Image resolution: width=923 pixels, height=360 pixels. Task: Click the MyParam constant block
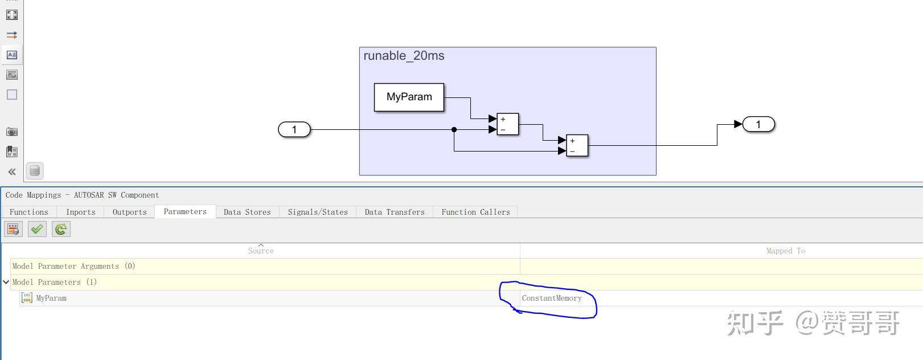point(409,97)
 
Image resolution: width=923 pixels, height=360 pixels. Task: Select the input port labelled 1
point(294,129)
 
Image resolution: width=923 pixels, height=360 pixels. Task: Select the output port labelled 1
point(758,124)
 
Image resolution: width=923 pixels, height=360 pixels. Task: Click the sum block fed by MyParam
point(508,124)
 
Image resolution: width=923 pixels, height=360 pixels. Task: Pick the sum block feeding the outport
point(577,146)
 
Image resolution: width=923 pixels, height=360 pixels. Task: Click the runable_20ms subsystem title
point(404,56)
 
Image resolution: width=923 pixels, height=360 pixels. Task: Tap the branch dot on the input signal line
point(454,129)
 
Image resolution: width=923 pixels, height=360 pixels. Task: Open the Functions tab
point(29,212)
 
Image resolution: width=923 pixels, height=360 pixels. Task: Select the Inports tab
point(81,212)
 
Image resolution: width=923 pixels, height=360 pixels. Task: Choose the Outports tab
point(129,212)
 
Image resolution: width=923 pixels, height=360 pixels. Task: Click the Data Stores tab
point(247,212)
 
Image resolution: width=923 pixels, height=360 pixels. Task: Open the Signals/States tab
point(318,212)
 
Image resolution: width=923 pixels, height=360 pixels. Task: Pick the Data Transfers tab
point(395,212)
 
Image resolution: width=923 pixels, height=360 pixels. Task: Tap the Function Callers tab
point(475,212)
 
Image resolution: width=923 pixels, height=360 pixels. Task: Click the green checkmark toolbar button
point(37,230)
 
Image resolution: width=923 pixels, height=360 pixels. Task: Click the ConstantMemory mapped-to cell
point(552,298)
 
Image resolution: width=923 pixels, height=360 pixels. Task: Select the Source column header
point(261,251)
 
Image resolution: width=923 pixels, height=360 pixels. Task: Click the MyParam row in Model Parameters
point(51,298)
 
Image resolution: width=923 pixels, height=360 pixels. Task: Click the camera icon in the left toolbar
point(12,132)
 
